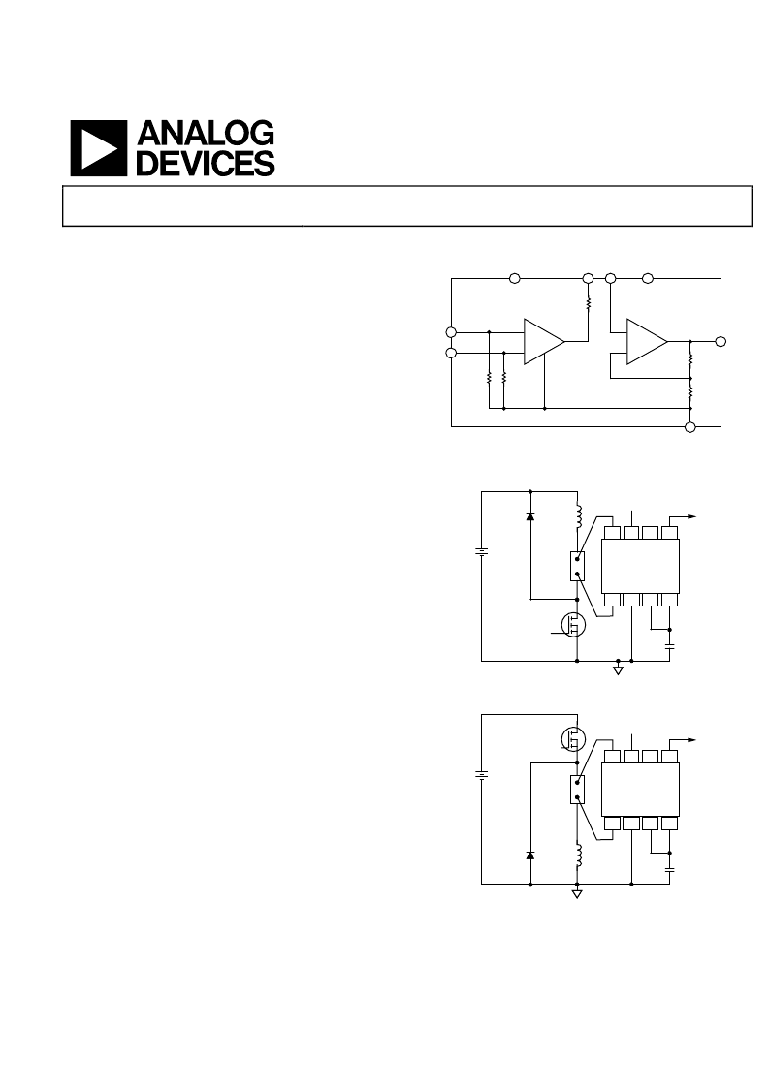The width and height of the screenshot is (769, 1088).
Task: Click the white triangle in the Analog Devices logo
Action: tap(96, 148)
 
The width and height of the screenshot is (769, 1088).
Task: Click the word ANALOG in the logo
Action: tap(206, 134)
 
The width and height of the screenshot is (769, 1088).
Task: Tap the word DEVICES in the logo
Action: tap(206, 163)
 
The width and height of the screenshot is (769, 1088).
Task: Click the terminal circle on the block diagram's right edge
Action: tap(721, 341)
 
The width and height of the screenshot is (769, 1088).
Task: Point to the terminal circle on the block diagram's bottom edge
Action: tap(689, 426)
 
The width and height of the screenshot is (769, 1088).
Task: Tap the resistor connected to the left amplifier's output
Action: tap(588, 303)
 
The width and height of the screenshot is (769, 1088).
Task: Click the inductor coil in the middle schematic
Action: tap(578, 517)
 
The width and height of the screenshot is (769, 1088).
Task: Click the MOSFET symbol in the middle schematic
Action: tap(574, 625)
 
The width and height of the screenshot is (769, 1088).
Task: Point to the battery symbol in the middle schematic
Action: tap(481, 552)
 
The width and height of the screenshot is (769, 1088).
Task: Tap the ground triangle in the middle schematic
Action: tap(618, 670)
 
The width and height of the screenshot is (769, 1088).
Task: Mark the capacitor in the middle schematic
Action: tap(670, 646)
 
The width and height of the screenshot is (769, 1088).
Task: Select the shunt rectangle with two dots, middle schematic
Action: tap(577, 566)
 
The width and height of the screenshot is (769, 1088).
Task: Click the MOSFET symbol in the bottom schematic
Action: tap(574, 739)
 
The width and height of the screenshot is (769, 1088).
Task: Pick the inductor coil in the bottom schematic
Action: tap(578, 855)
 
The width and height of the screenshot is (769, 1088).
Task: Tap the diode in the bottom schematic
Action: tap(530, 855)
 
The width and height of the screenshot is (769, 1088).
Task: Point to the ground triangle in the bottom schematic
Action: tap(577, 893)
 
